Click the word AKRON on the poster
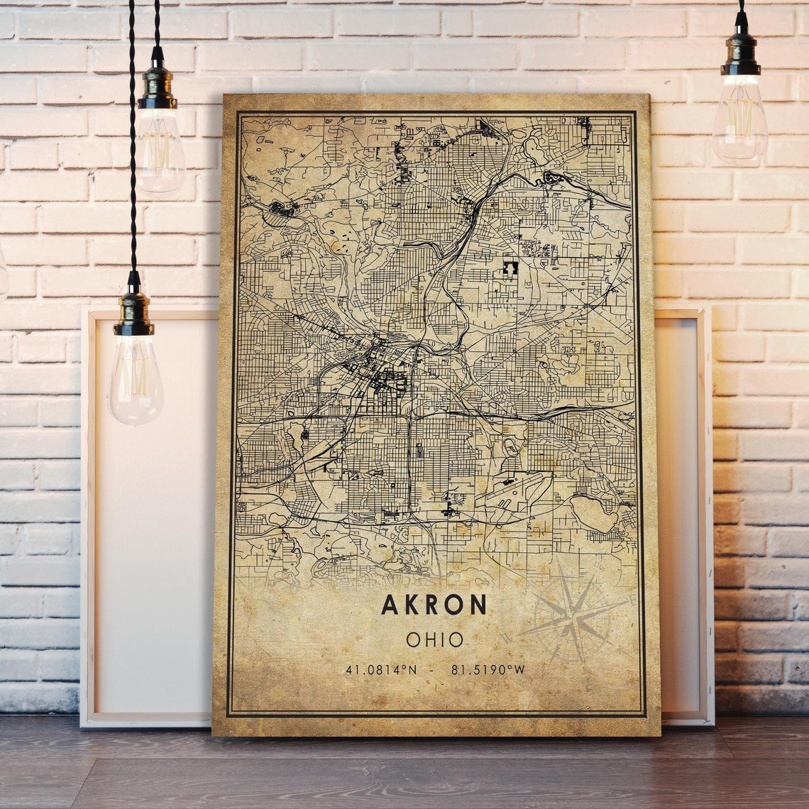tap(434, 605)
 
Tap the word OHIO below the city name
tap(434, 640)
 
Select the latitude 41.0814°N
tap(381, 670)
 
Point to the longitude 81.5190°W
tap(488, 670)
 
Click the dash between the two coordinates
tap(431, 670)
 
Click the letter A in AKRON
tap(390, 605)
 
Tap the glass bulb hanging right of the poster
tap(739, 121)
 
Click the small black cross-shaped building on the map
tap(510, 268)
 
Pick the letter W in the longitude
tap(520, 670)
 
